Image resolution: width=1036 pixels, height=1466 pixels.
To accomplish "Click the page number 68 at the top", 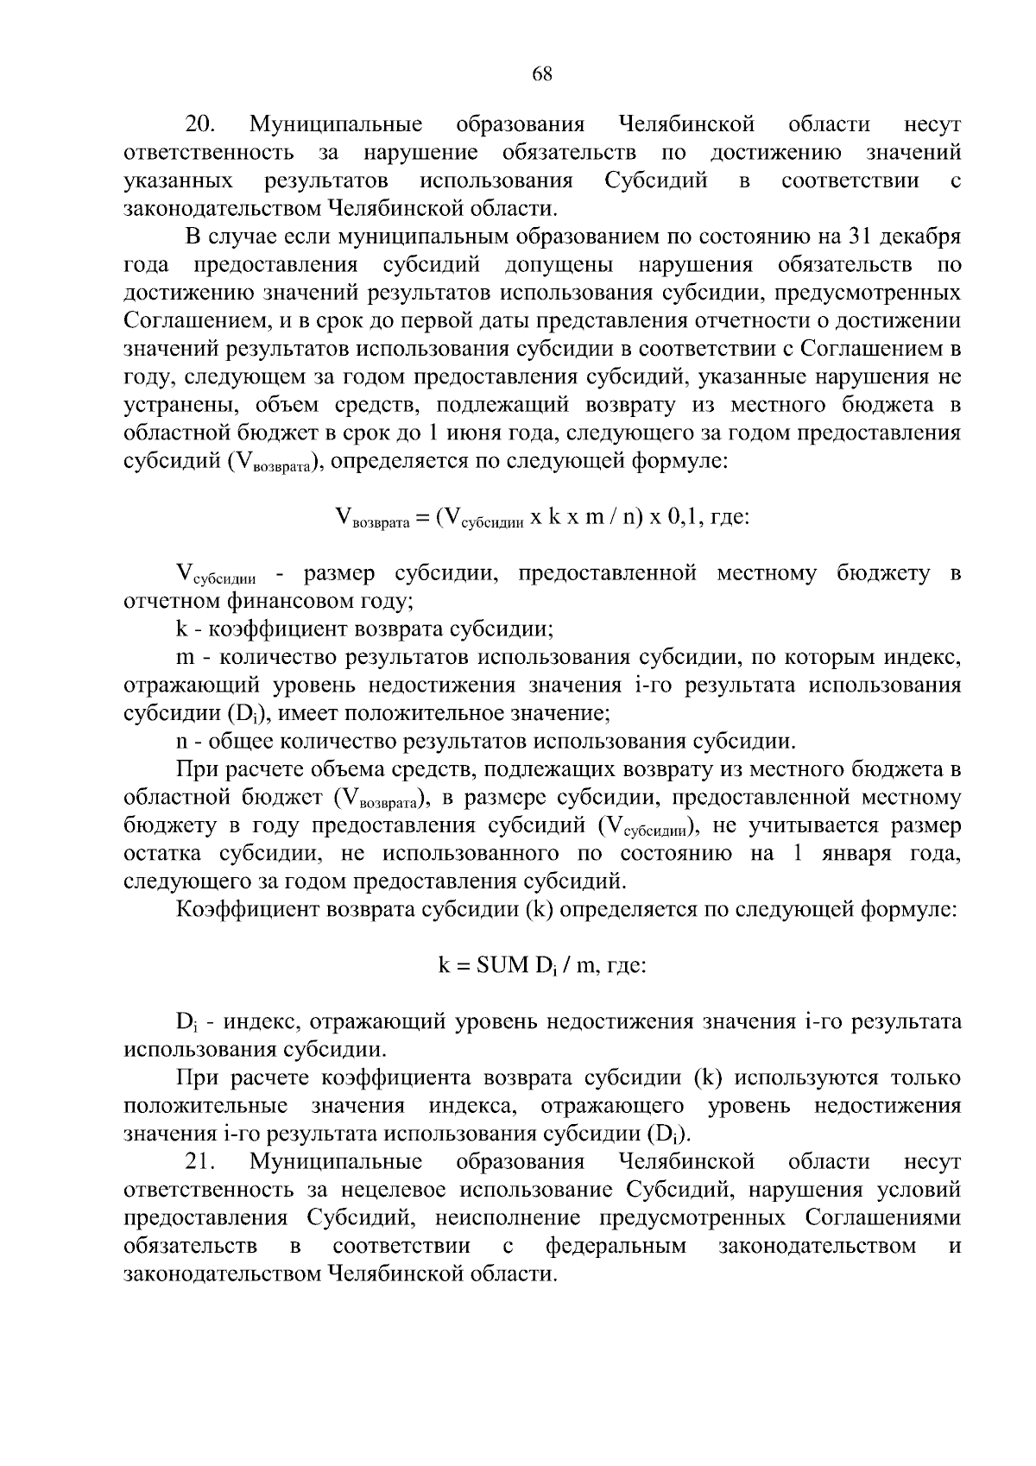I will coord(542,73).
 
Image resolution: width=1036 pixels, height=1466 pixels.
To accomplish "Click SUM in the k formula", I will coord(497,965).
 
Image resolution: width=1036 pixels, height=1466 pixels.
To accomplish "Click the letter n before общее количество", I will coord(181,741).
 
